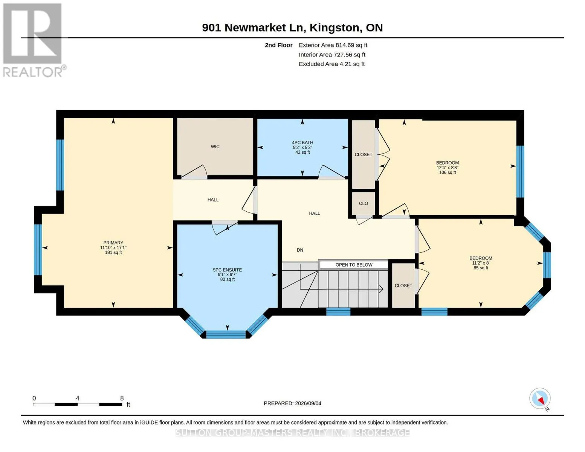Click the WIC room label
click(215, 147)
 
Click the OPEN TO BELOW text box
click(354, 265)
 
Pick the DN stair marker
click(300, 250)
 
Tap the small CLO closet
click(363, 203)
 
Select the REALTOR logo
click(34, 40)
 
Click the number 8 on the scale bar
click(122, 398)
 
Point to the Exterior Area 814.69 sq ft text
click(333, 45)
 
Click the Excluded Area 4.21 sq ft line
click(331, 64)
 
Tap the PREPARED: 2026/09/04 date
click(292, 403)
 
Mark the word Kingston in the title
click(335, 28)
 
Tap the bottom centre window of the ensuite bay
click(226, 334)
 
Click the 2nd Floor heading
click(279, 45)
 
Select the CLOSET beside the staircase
click(403, 286)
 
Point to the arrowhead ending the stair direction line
click(382, 289)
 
